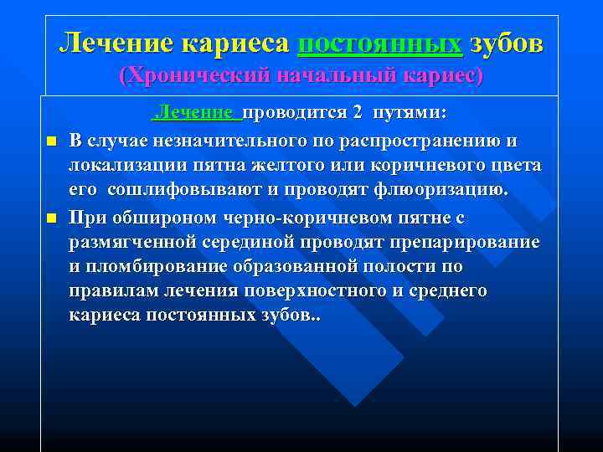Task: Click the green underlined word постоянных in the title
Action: tap(379, 43)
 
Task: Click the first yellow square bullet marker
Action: tap(50, 140)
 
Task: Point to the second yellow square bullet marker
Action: tap(50, 218)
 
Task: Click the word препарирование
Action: tap(468, 243)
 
